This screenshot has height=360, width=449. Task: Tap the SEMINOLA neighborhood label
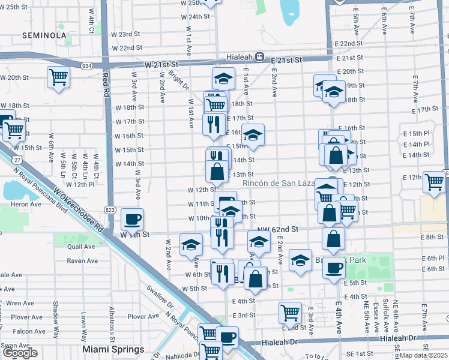tap(43, 35)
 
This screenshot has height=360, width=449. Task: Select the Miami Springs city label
tap(113, 349)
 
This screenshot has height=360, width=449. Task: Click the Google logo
tap(20, 353)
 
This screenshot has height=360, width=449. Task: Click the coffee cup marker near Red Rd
tap(132, 219)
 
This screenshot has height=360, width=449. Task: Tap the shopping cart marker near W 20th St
tap(58, 77)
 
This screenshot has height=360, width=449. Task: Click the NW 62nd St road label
tap(278, 229)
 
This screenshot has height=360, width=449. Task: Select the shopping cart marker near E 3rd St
tap(290, 312)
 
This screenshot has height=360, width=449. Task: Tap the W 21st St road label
tap(161, 64)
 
